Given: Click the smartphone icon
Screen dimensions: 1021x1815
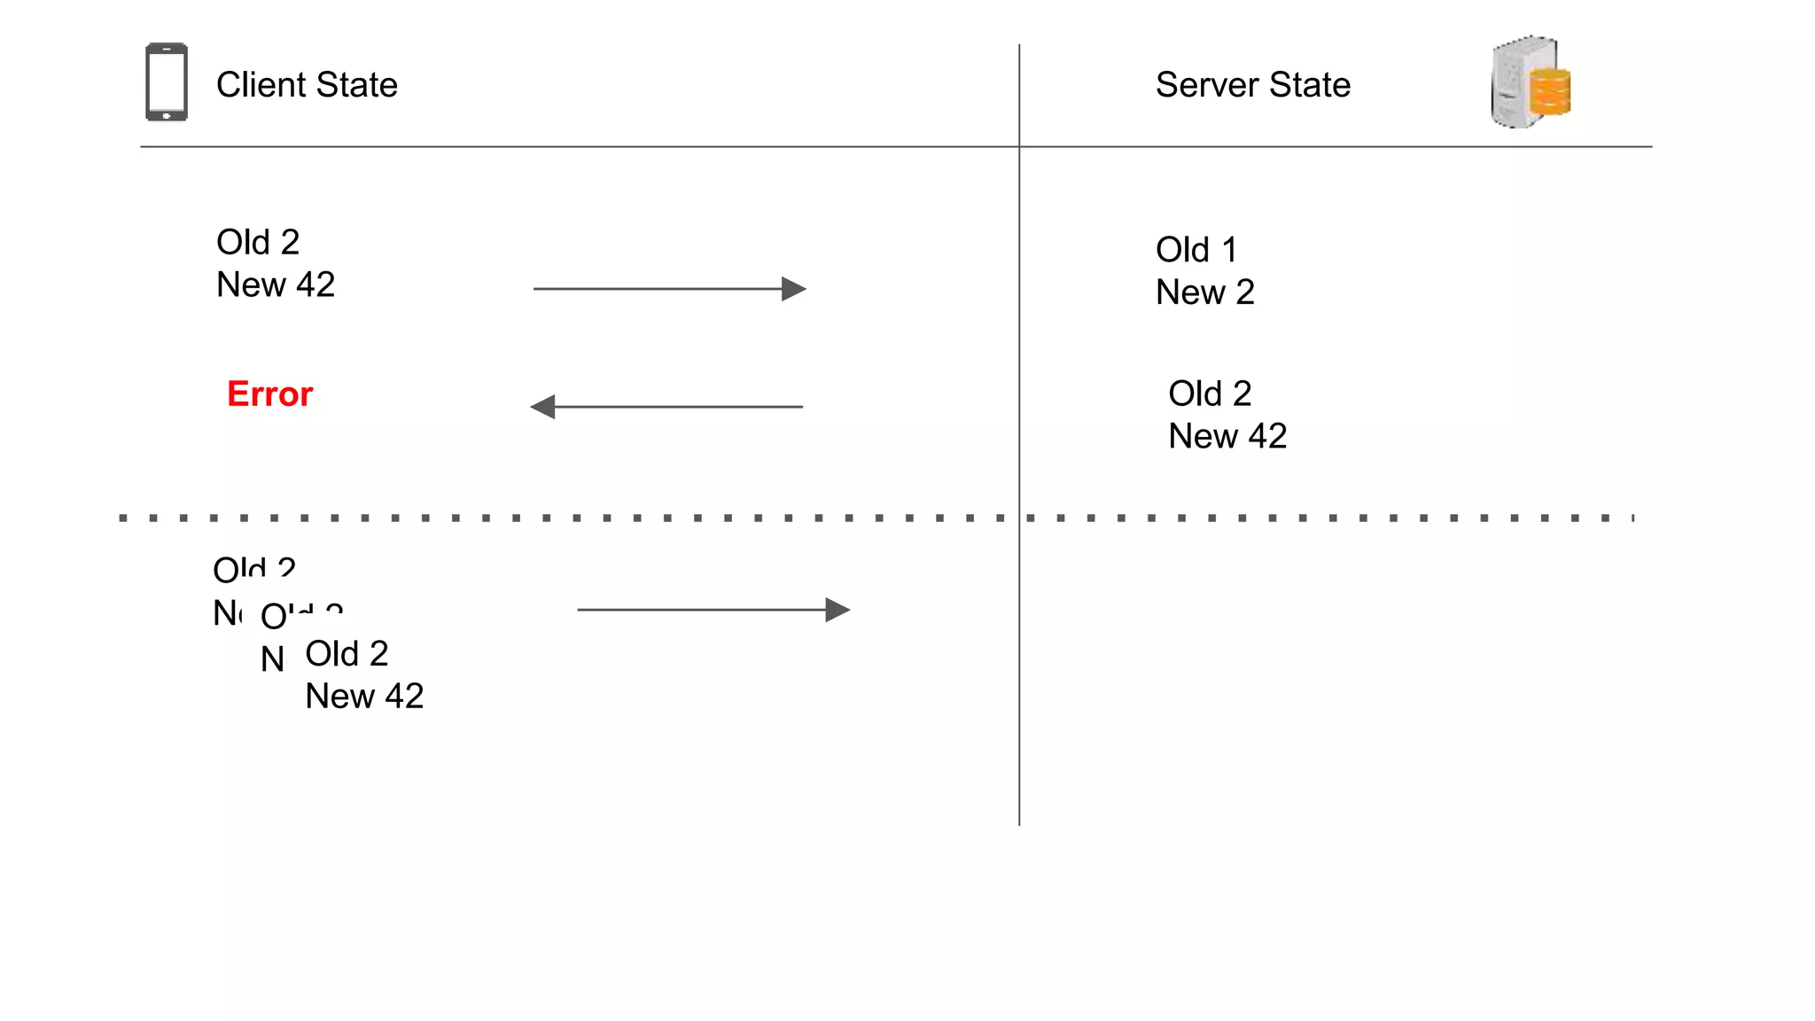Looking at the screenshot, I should pos(167,82).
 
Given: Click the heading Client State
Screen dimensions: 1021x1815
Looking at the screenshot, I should pos(307,85).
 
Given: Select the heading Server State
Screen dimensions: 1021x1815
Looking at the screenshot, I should pos(1252,85).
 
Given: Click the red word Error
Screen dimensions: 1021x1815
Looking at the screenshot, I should pos(269,394).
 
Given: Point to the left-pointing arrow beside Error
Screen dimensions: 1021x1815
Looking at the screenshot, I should pos(666,407).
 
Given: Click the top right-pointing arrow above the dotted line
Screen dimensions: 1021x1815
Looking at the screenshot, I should pos(669,289).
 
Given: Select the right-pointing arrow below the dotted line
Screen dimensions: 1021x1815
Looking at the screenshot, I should pos(713,610).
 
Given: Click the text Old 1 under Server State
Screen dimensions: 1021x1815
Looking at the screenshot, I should pos(1196,250).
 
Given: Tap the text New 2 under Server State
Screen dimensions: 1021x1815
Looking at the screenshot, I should pos(1204,292).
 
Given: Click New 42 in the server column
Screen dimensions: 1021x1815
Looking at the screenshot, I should pos(1227,436).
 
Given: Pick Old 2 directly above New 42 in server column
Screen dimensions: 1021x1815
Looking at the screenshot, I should pos(1209,394).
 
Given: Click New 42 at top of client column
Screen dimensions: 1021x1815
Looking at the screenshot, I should pos(276,284).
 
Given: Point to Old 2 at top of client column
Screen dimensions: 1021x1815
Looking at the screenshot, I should pos(258,242).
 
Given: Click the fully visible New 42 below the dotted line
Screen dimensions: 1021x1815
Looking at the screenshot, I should pos(364,697).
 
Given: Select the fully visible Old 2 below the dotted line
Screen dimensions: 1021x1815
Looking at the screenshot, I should pos(347,654).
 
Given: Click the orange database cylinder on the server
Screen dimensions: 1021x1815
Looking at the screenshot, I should pos(1550,92).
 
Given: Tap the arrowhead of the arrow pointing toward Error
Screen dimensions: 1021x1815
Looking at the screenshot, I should pos(542,407).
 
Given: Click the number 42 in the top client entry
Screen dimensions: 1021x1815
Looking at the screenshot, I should pos(315,284).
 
